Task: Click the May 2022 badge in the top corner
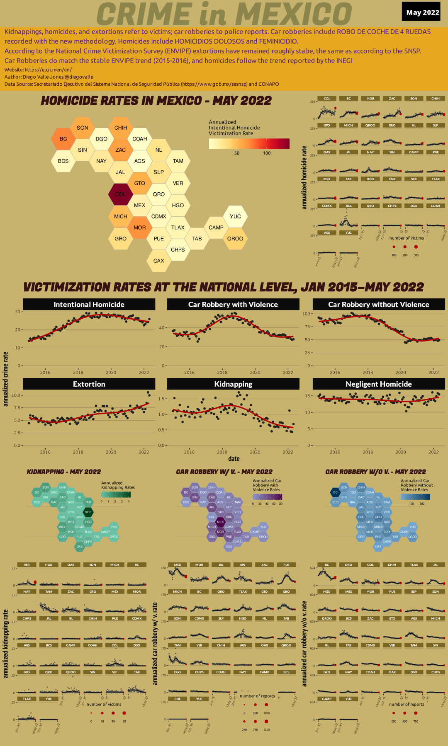(x=422, y=12)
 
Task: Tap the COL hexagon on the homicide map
(x=121, y=194)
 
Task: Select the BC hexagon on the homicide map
(x=63, y=139)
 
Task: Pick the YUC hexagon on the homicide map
(x=235, y=216)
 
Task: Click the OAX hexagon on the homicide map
(x=159, y=261)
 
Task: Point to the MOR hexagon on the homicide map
(x=140, y=228)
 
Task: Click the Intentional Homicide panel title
(x=89, y=305)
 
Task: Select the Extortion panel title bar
(x=89, y=384)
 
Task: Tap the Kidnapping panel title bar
(x=233, y=384)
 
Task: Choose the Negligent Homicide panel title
(x=379, y=384)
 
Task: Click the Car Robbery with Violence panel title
(x=233, y=305)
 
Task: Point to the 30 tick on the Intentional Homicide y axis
(x=18, y=312)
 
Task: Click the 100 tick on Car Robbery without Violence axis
(x=307, y=314)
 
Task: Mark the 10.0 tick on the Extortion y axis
(x=16, y=395)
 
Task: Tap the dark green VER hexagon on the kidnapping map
(x=88, y=512)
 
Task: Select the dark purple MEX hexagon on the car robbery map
(x=220, y=522)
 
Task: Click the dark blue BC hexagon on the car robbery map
(x=335, y=492)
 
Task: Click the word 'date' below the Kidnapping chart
(x=234, y=459)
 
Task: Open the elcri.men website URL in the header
(x=48, y=70)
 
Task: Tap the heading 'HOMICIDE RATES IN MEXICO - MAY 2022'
(x=156, y=101)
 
